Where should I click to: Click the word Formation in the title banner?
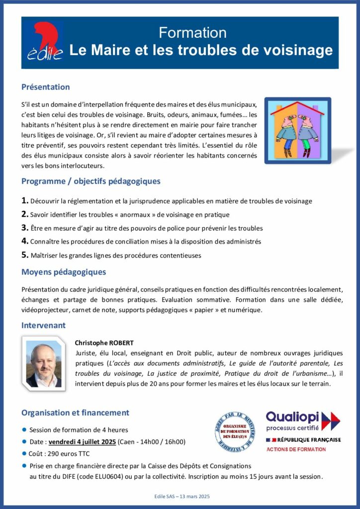click(192, 33)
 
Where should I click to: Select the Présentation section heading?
click(45, 87)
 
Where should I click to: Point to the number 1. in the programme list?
click(25, 201)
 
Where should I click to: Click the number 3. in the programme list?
click(25, 228)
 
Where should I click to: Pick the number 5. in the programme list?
click(25, 255)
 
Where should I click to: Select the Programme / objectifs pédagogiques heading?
click(90, 181)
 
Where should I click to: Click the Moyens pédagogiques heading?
click(63, 272)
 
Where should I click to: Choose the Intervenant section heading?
click(43, 325)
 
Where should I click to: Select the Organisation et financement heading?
click(75, 413)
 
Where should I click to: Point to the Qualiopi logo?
click(303, 421)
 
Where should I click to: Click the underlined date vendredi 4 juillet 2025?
click(84, 441)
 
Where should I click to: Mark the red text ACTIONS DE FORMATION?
click(296, 449)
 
